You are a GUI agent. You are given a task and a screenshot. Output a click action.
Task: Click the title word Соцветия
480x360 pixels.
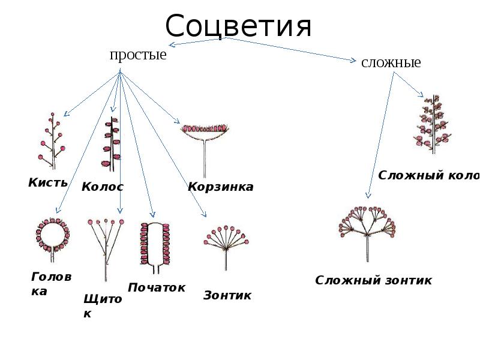pyautogui.click(x=239, y=27)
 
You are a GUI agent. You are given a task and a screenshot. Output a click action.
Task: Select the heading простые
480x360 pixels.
pyautogui.click(x=137, y=55)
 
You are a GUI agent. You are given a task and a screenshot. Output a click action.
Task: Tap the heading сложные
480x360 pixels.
pyautogui.click(x=391, y=62)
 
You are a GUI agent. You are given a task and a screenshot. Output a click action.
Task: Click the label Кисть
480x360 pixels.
pyautogui.click(x=48, y=182)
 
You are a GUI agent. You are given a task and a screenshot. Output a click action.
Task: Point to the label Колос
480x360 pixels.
pyautogui.click(x=103, y=187)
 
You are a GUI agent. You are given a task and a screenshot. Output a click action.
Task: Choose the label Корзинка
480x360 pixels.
pyautogui.click(x=221, y=187)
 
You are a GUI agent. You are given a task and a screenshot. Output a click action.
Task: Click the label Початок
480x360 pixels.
pyautogui.click(x=157, y=288)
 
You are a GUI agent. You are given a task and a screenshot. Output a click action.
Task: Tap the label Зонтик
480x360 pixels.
pyautogui.click(x=227, y=295)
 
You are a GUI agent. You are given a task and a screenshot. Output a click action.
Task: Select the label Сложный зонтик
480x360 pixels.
pyautogui.click(x=373, y=281)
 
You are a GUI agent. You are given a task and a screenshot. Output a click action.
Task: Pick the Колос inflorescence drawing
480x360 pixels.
pyautogui.click(x=111, y=144)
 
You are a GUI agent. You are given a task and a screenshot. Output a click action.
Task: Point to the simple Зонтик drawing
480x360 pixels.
pyautogui.click(x=226, y=243)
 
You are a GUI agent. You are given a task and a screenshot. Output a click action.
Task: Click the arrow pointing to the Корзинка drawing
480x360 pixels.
pyautogui.click(x=150, y=95)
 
